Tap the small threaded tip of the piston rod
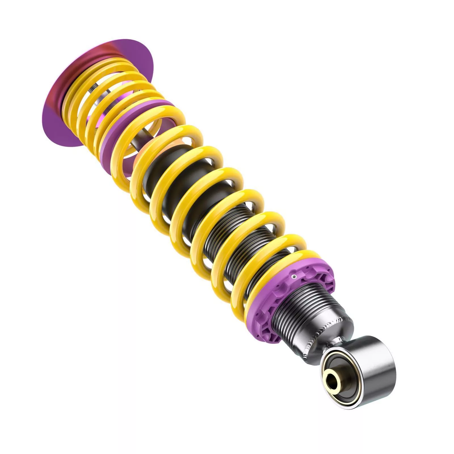[91, 89]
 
